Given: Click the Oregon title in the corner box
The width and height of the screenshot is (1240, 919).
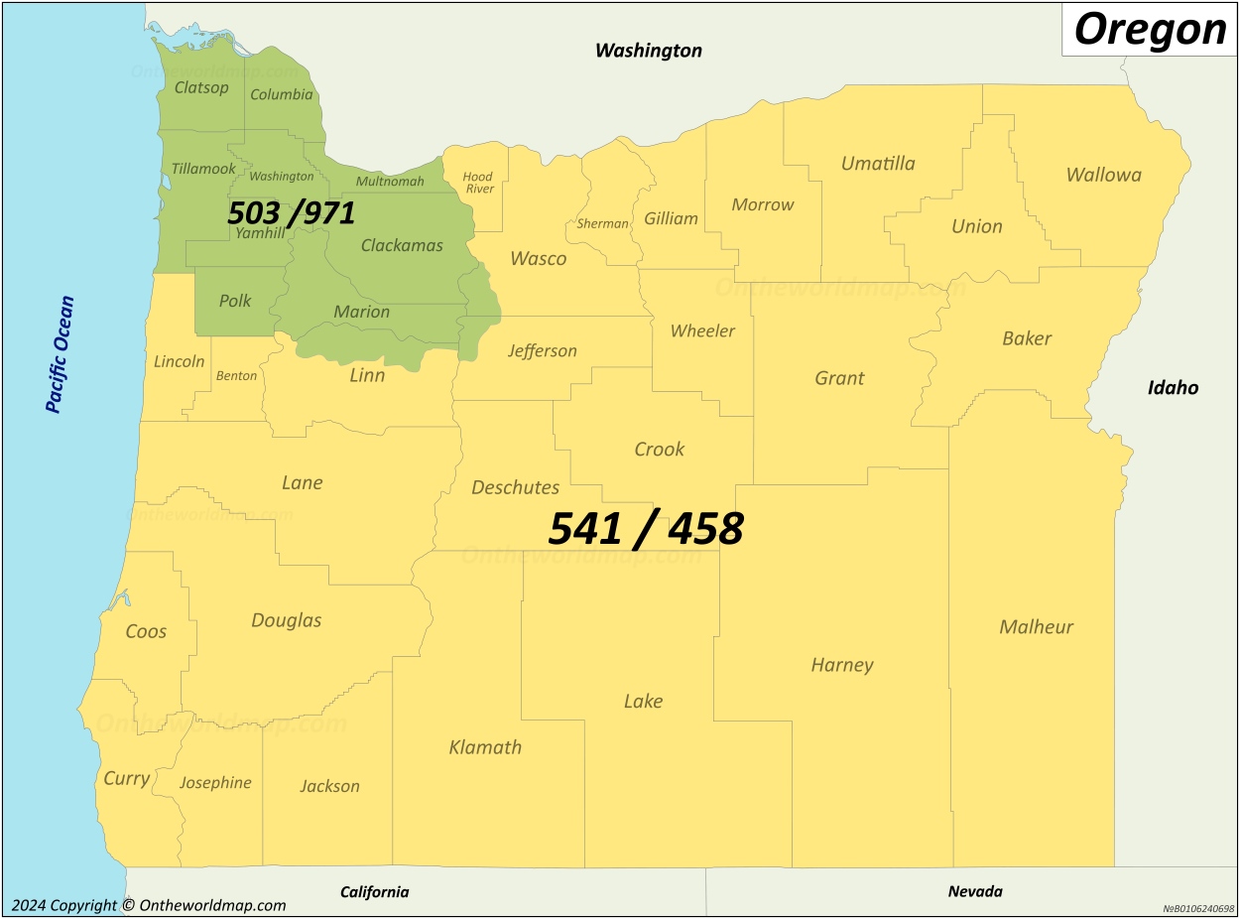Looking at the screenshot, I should tap(1150, 29).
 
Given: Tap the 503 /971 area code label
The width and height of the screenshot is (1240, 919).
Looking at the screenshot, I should tap(291, 212).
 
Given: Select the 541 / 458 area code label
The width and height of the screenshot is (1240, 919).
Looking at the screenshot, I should tap(646, 529).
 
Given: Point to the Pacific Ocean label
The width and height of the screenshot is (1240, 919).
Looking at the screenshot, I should tap(60, 354).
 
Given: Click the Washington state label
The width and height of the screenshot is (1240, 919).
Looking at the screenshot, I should tap(648, 50).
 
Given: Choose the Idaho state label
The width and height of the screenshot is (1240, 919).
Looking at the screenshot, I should tap(1173, 387).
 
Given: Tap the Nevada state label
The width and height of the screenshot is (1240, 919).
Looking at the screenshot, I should tap(974, 890).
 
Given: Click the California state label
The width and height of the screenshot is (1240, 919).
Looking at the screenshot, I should tap(374, 891).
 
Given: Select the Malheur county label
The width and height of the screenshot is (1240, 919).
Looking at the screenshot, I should tap(1036, 626).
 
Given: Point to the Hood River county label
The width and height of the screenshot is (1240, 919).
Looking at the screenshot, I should tap(478, 183).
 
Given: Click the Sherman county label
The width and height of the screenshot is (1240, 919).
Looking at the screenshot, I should tap(602, 223).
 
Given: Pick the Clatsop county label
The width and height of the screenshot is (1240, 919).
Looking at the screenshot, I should tap(201, 87).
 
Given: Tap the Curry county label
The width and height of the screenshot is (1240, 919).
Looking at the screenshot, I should tap(127, 778).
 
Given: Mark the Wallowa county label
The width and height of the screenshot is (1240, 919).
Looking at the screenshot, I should tap(1103, 175).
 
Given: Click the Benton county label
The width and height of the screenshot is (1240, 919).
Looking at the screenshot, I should tap(236, 375).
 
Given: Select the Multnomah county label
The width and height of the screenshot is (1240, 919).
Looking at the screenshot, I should tap(390, 181).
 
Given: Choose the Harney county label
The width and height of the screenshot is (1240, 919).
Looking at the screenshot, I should tap(841, 664).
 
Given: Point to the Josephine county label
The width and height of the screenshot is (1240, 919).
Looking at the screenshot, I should tap(215, 782).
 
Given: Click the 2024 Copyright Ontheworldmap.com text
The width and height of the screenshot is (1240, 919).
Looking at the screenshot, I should tap(149, 904).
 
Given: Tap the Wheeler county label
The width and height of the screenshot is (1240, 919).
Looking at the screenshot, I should tap(702, 330).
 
